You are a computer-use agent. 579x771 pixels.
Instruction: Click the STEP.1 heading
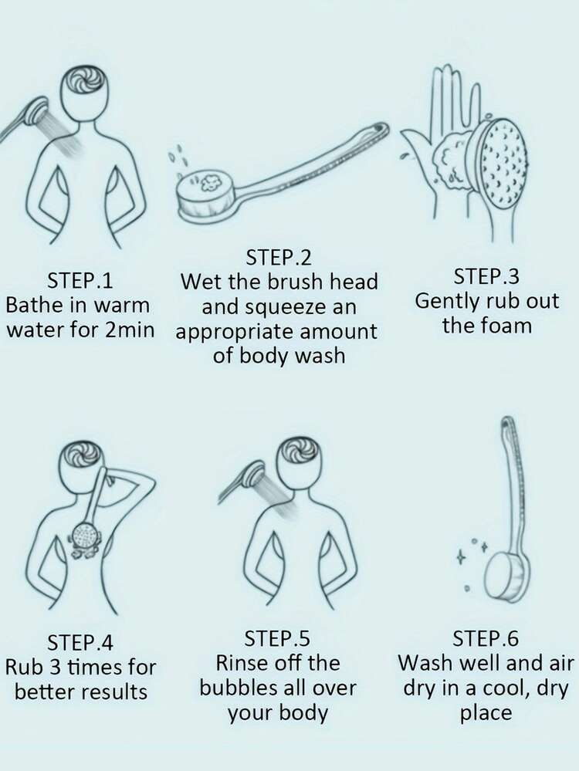[80, 281]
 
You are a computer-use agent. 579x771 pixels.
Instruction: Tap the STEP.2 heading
[279, 257]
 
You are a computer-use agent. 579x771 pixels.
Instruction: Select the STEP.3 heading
[486, 276]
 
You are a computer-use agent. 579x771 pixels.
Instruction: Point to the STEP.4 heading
[80, 642]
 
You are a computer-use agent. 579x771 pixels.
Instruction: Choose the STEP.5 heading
[277, 638]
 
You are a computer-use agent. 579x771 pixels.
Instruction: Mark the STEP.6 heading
[486, 638]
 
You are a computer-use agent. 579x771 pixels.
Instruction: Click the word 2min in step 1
[130, 330]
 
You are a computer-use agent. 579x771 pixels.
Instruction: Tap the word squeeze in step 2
[286, 308]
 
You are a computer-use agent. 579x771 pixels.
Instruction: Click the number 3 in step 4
[53, 668]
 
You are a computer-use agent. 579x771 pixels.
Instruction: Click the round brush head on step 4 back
[86, 535]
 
